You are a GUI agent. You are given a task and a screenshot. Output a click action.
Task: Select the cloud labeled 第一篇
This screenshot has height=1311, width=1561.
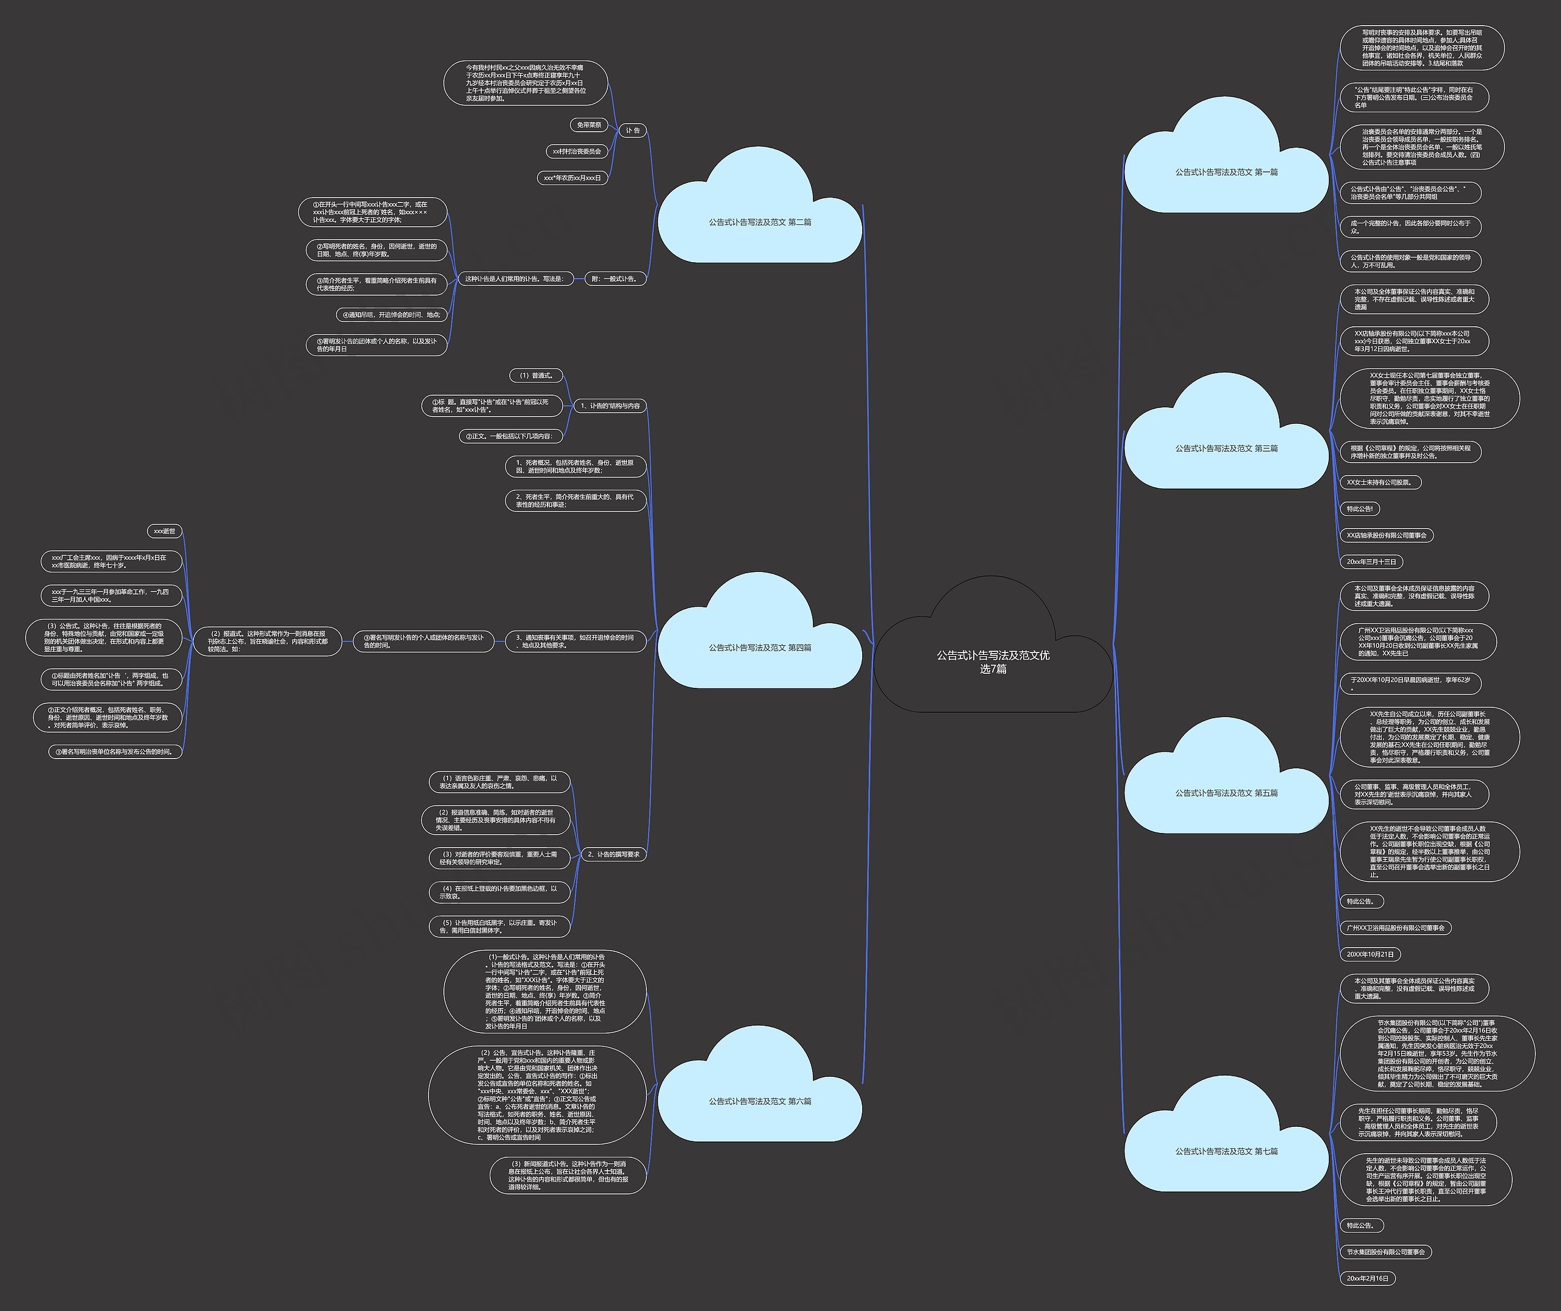pyautogui.click(x=1226, y=173)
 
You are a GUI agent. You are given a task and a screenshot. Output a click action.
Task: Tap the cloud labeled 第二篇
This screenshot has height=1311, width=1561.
pyautogui.click(x=759, y=222)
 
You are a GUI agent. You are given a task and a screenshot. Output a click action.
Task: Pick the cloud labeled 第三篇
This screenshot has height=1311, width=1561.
pyautogui.click(x=1226, y=449)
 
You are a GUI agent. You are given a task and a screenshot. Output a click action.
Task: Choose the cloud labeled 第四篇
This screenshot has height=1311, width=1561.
pyautogui.click(x=759, y=648)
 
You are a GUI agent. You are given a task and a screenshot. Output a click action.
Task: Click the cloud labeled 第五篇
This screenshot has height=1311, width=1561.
pyautogui.click(x=1226, y=793)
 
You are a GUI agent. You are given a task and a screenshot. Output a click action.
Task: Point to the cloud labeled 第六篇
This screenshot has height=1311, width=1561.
pyautogui.click(x=759, y=1101)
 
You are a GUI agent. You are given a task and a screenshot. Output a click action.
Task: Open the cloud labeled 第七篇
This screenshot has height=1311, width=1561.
pyautogui.click(x=1226, y=1151)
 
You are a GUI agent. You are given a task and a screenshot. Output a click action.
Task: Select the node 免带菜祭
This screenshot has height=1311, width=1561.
pyautogui.click(x=588, y=125)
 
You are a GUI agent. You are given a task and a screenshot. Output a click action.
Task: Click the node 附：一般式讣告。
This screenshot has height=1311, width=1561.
pyautogui.click(x=615, y=279)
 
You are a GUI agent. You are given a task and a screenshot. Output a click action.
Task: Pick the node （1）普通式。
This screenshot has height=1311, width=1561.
pyautogui.click(x=536, y=376)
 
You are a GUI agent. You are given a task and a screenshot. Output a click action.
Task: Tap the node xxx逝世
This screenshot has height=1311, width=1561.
pyautogui.click(x=164, y=531)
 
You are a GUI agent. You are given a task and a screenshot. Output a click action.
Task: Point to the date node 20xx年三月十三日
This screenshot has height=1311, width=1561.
pyautogui.click(x=1371, y=562)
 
